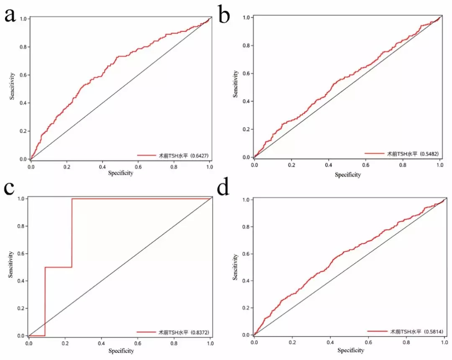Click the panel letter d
coord(224,189)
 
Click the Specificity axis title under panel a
coord(121,173)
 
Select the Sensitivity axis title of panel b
coord(236,84)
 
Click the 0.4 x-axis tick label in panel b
coord(329,166)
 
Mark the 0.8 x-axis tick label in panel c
coord(175,343)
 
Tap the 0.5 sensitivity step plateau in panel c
coord(59,267)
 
